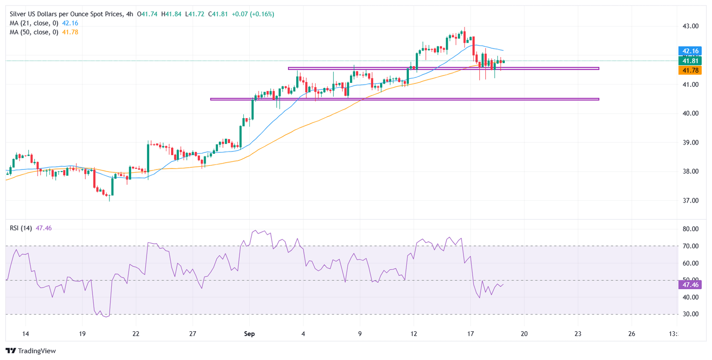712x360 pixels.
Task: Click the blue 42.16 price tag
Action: pos(689,51)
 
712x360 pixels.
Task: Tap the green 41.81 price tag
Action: pos(689,61)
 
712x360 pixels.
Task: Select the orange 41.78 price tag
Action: pos(689,70)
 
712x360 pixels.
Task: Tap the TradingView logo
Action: pos(31,351)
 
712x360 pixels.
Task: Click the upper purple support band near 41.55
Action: pos(443,69)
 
